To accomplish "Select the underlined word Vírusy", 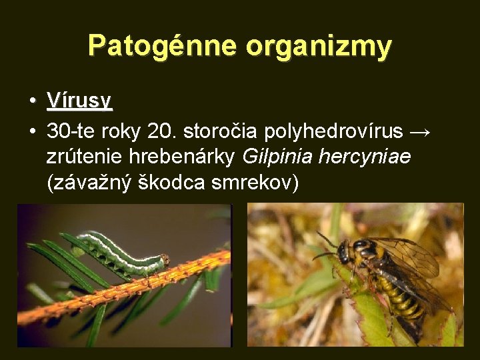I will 79,101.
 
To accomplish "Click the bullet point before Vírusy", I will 31,101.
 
